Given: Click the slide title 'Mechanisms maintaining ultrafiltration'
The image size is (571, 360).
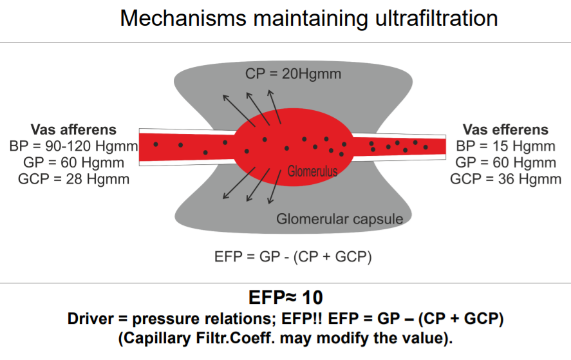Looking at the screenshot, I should click(x=308, y=18).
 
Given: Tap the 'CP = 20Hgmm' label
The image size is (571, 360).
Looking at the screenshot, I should click(x=293, y=74).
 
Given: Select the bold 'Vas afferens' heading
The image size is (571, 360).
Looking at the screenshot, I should click(x=73, y=130).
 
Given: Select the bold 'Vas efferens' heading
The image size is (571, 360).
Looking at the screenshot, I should click(x=505, y=130).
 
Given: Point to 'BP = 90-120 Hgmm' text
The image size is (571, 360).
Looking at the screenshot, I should click(x=73, y=146).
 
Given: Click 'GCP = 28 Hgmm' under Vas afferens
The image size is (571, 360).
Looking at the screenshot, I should click(x=73, y=178).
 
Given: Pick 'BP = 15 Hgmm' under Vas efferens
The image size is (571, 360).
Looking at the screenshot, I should click(x=505, y=146).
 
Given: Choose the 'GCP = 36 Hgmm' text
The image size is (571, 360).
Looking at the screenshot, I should click(x=505, y=178).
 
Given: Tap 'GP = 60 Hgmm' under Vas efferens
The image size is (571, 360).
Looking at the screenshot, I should click(x=505, y=162).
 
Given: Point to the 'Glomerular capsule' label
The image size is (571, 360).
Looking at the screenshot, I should click(x=339, y=219).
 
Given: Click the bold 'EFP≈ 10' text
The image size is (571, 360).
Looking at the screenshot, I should click(x=285, y=298).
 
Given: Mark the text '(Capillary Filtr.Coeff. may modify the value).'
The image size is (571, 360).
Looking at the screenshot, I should click(x=285, y=337).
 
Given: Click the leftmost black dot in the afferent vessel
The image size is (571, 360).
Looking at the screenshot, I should click(x=156, y=144).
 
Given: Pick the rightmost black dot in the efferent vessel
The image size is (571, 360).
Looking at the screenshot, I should click(x=426, y=146).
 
